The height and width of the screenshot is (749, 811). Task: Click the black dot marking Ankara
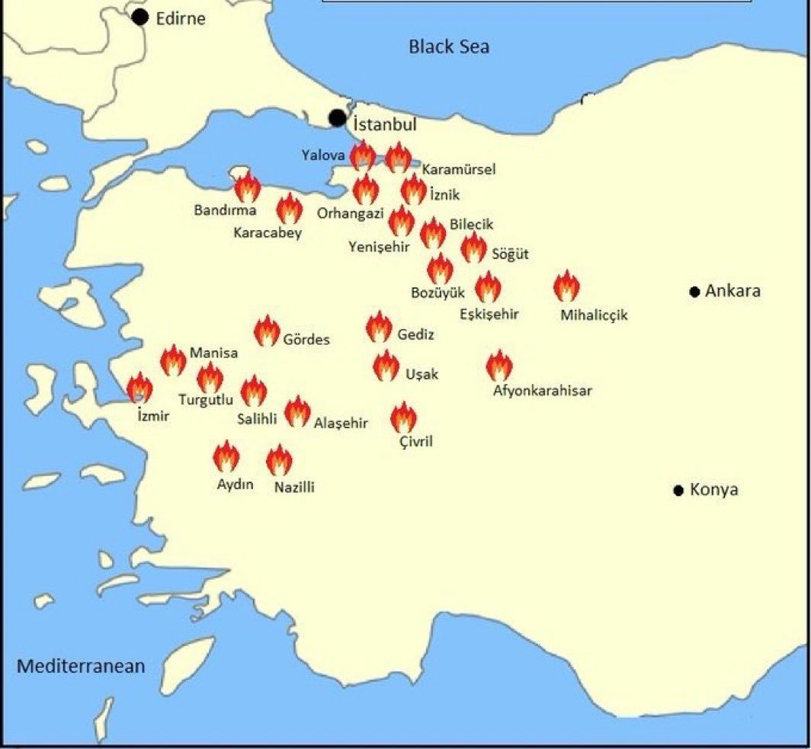(x=694, y=292)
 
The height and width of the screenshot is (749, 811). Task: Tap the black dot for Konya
(x=678, y=490)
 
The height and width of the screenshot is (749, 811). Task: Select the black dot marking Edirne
(x=139, y=17)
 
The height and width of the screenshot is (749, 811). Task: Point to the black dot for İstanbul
(x=337, y=118)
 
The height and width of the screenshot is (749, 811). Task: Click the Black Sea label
(x=449, y=46)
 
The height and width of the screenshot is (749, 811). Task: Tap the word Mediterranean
(x=81, y=666)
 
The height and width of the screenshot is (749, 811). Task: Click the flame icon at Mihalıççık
(x=566, y=286)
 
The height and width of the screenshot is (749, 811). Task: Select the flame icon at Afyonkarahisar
(x=499, y=366)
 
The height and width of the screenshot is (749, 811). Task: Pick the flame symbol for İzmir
(x=139, y=388)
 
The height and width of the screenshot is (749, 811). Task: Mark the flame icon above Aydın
(x=226, y=457)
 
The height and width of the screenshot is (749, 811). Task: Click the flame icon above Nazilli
(x=280, y=460)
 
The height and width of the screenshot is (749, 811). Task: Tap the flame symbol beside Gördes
(x=267, y=331)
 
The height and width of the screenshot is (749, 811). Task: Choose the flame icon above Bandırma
(x=247, y=187)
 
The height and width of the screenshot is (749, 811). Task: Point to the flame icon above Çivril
(x=403, y=418)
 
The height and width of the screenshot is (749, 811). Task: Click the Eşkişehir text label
(x=489, y=314)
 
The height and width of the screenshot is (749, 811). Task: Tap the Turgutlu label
(x=205, y=399)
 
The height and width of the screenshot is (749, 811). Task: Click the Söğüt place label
(x=511, y=254)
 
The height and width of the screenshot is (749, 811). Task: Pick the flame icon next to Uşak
(x=386, y=366)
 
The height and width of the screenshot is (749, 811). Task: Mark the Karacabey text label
(x=268, y=232)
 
